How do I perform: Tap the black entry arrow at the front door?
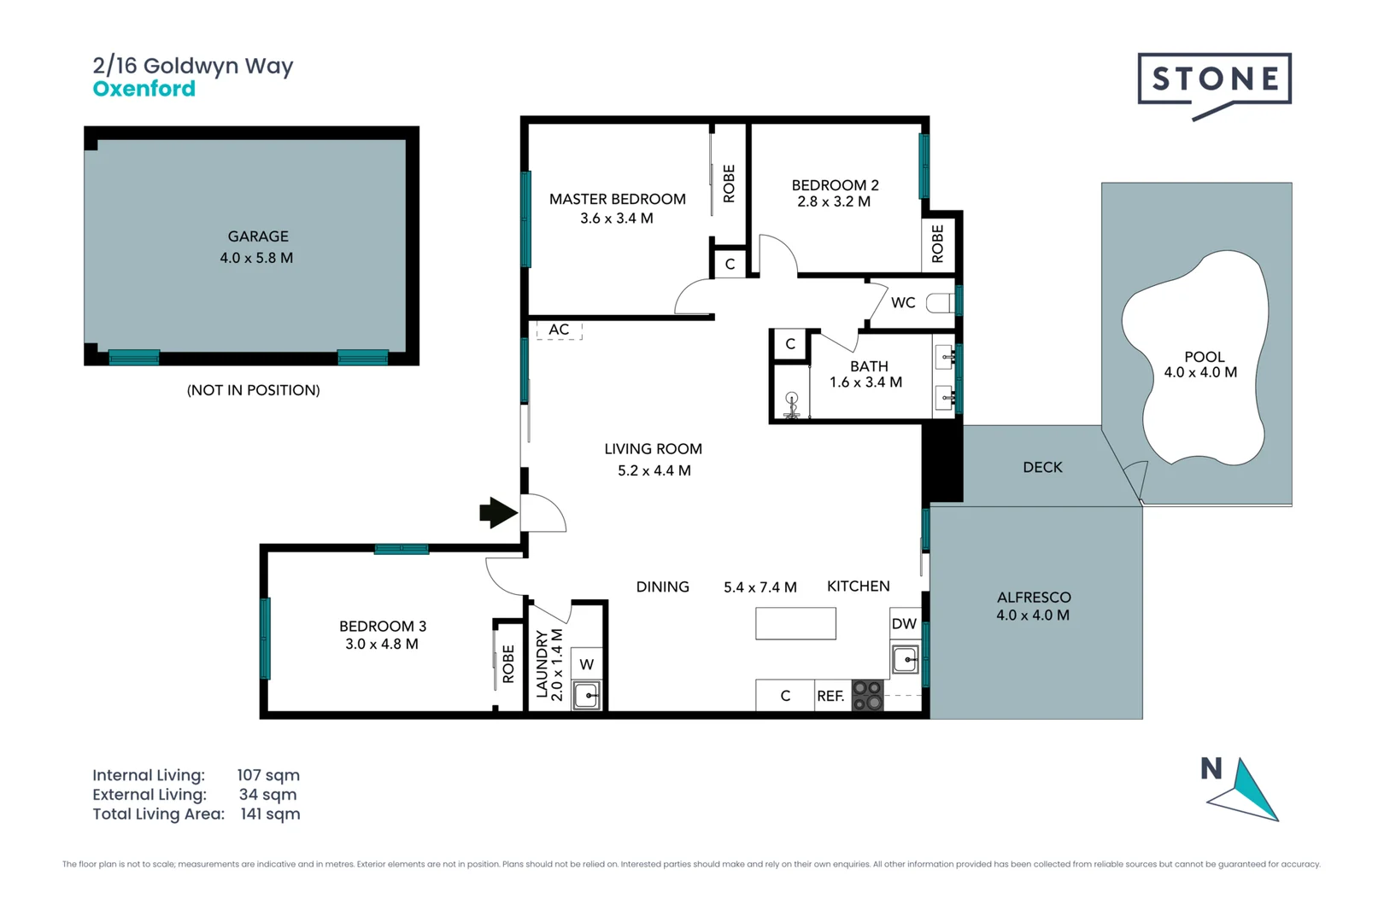(498, 513)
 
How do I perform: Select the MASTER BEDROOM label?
(617, 199)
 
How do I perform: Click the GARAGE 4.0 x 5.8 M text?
(257, 247)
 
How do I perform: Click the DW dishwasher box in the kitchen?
(904, 623)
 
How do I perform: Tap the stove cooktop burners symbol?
(867, 696)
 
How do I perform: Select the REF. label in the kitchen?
(830, 696)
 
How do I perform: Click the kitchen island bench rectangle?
(795, 623)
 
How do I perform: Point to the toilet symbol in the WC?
(940, 302)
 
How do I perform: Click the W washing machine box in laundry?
(587, 664)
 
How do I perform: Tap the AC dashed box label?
(559, 330)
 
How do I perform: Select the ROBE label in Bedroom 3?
(508, 663)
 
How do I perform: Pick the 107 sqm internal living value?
(268, 775)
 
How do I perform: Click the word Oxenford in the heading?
(144, 89)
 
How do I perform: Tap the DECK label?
(1042, 467)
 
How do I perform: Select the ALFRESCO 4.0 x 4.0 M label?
(1033, 606)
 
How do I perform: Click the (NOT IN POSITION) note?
(253, 390)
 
